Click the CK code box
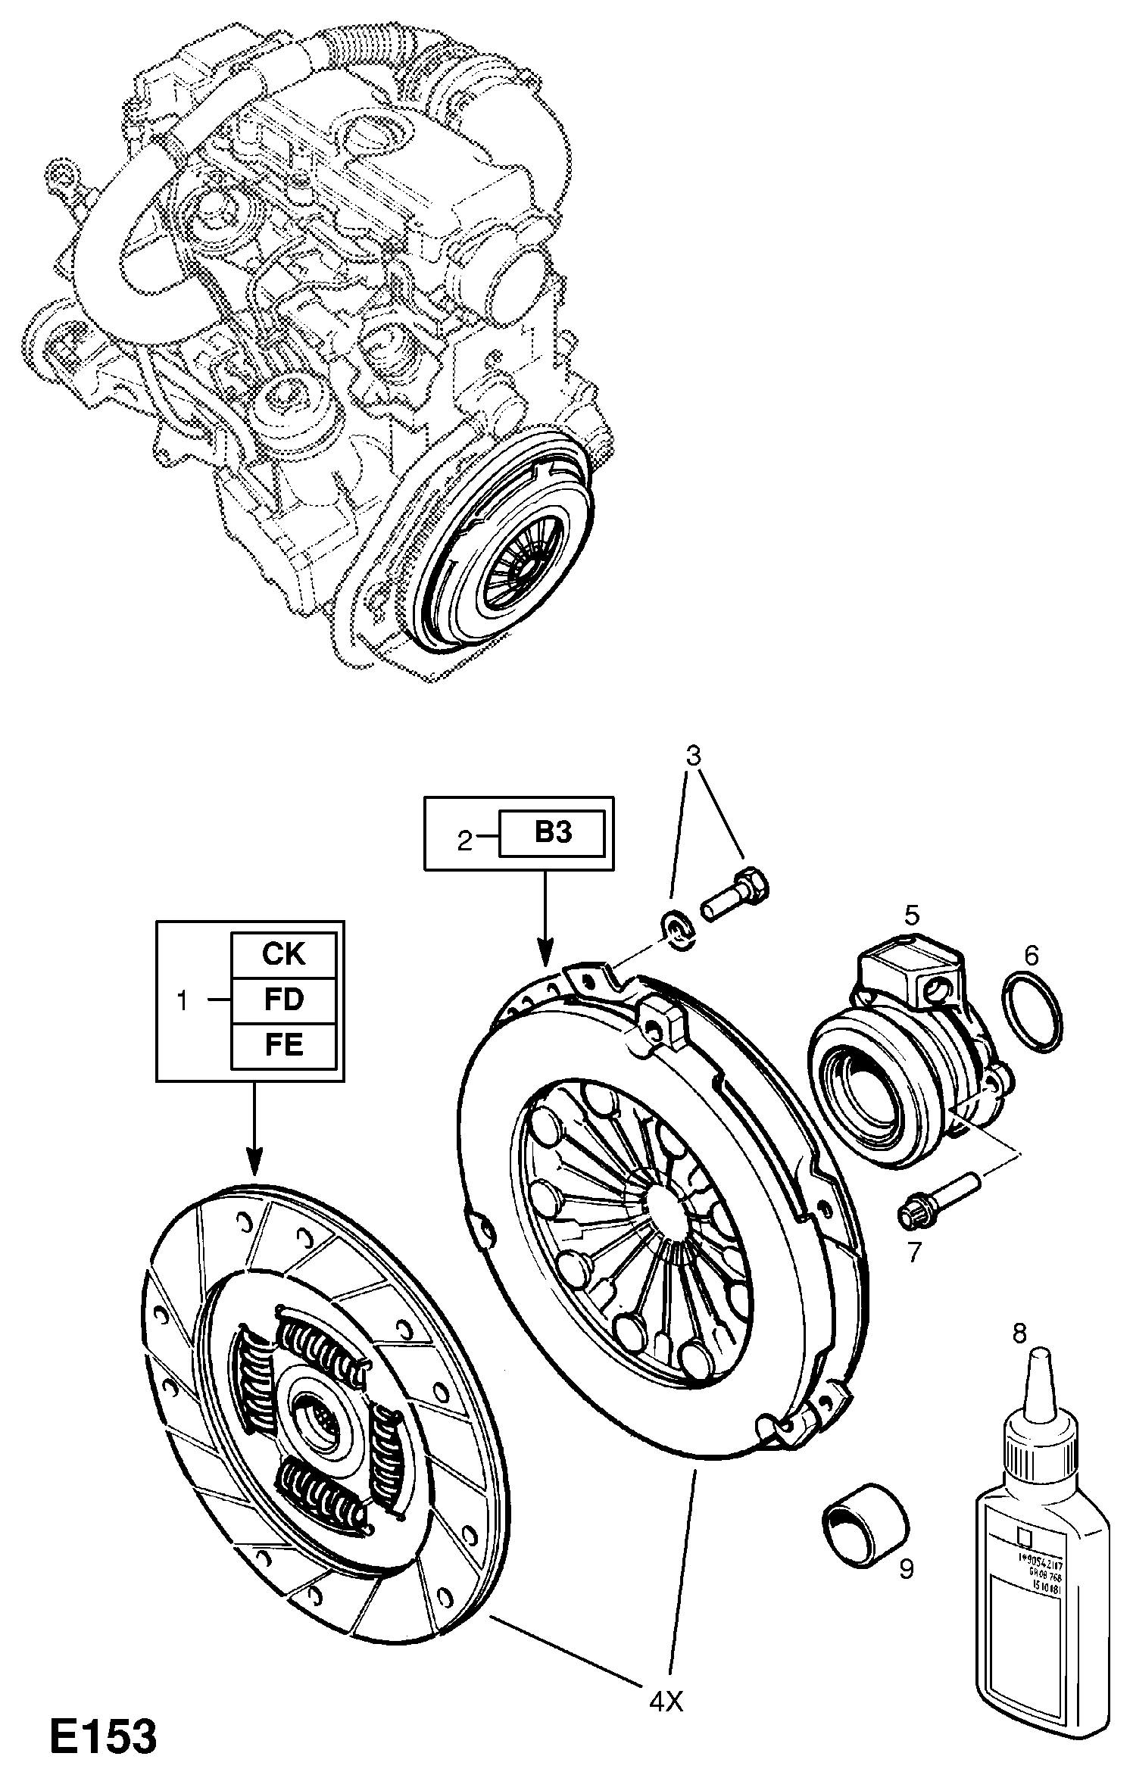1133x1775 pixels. click(x=283, y=954)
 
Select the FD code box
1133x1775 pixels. click(x=283, y=1000)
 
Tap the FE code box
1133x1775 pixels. click(x=283, y=1045)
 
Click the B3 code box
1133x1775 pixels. click(x=552, y=833)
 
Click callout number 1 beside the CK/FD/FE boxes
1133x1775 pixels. click(x=182, y=1000)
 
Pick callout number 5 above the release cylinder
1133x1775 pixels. click(x=911, y=916)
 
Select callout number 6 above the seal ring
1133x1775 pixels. click(x=1031, y=956)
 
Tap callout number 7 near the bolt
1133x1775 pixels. click(x=914, y=1252)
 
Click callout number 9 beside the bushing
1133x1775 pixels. click(x=906, y=1568)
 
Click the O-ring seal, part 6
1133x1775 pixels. click(x=1032, y=1013)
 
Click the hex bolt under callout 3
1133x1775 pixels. click(x=735, y=895)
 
